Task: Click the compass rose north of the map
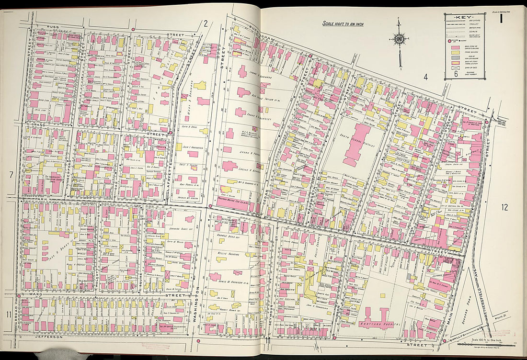[399, 39]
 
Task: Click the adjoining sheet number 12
[504, 207]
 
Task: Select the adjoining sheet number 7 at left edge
[11, 175]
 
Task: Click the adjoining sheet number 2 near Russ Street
[205, 23]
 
